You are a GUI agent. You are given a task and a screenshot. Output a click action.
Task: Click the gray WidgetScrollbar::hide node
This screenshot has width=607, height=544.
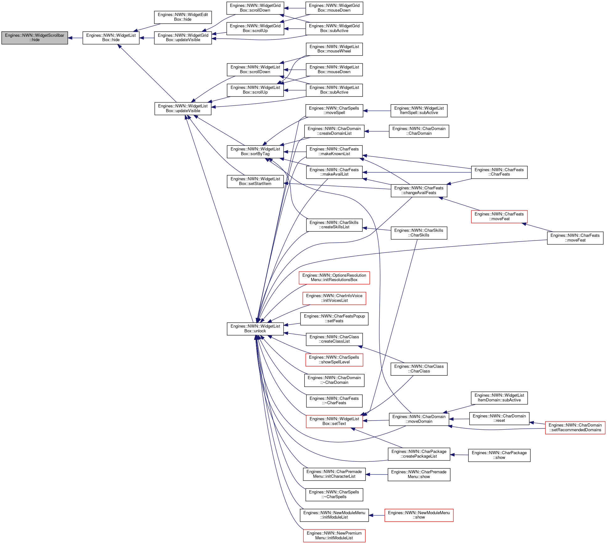(35, 38)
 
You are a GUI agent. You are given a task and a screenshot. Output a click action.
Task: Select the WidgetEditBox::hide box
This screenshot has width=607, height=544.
(183, 17)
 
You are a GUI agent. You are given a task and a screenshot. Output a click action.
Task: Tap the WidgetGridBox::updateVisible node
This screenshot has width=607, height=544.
(183, 38)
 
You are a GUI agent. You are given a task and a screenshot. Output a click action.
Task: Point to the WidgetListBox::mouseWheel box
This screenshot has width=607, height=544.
(334, 49)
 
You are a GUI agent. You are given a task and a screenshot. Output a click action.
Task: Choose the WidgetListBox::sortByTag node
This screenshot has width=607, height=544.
(255, 151)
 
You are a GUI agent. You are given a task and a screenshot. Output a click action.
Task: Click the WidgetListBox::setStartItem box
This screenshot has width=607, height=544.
(255, 181)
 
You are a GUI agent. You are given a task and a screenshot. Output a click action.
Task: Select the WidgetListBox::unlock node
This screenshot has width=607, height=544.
(255, 329)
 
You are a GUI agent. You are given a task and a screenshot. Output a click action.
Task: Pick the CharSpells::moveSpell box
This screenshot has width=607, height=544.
(334, 111)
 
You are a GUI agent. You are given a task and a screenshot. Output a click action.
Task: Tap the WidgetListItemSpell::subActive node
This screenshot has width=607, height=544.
(419, 111)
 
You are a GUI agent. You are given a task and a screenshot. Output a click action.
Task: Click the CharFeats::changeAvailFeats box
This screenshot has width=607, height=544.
(419, 190)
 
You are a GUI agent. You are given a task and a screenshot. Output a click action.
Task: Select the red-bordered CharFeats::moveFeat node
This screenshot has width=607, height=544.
(499, 216)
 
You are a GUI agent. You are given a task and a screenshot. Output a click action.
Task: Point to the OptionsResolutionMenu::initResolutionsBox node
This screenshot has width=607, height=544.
(334, 278)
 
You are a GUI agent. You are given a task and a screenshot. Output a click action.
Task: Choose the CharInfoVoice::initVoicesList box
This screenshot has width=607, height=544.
(334, 298)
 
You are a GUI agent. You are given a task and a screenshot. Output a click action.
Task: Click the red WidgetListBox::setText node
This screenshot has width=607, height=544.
(334, 421)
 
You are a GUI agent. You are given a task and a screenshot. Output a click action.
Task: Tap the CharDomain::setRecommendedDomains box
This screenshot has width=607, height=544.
(575, 427)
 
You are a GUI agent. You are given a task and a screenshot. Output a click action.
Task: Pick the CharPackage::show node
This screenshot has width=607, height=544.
(499, 455)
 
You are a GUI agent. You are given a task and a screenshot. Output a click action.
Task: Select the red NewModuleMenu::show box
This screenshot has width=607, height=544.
(419, 515)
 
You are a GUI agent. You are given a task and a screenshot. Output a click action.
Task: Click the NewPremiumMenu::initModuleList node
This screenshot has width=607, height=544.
(334, 536)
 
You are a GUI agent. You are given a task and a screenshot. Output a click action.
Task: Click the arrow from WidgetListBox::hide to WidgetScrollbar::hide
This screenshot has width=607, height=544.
(75, 38)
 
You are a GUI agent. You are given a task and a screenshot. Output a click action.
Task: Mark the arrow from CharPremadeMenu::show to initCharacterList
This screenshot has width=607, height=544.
(376, 475)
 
